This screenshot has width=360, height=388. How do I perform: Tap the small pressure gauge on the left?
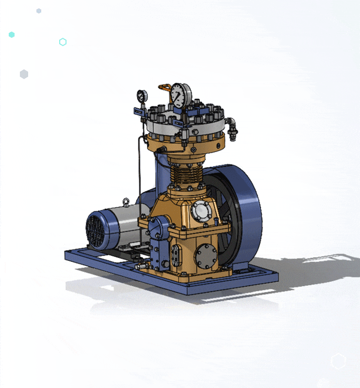[x=142, y=96]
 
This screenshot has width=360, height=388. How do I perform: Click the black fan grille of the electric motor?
[x=96, y=231]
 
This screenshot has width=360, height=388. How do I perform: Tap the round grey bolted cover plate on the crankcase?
[x=206, y=256]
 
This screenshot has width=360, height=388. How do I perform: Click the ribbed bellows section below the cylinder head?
[x=185, y=174]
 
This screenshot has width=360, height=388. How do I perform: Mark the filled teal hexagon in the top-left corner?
[x=12, y=35]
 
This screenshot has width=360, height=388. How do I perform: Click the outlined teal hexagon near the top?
[x=63, y=42]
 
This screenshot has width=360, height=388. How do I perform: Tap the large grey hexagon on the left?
[x=24, y=74]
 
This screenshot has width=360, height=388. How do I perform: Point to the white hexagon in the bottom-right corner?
[x=338, y=361]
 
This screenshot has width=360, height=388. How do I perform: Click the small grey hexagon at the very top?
[x=39, y=11]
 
